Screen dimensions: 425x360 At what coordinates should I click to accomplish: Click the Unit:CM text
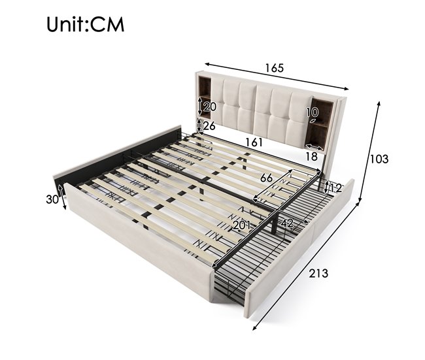point(86,24)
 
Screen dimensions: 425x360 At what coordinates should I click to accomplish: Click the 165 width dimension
point(275,68)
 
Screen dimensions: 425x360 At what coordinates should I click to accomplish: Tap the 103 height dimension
point(379,159)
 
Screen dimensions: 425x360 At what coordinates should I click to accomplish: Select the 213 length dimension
point(319,273)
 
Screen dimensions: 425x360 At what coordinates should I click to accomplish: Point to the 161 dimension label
point(254,142)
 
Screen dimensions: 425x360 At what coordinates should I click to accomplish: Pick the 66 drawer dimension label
point(266,178)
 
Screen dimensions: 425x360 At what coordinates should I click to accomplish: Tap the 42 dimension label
point(287,223)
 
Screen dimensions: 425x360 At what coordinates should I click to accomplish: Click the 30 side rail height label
point(52,199)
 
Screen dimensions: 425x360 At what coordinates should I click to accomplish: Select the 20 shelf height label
point(210,106)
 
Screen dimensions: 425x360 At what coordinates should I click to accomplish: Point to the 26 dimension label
point(209,125)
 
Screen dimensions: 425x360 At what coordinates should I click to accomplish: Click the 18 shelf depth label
point(311,156)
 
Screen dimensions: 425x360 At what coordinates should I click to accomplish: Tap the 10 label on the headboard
point(313,112)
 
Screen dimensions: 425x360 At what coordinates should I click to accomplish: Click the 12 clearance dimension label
point(335,188)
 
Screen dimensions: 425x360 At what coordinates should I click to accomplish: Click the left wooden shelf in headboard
point(205,97)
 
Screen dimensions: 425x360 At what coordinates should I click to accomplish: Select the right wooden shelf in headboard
point(321,123)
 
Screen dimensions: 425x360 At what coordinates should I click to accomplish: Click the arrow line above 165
point(277,76)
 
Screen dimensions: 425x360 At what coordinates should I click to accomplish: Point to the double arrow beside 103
point(369,152)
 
